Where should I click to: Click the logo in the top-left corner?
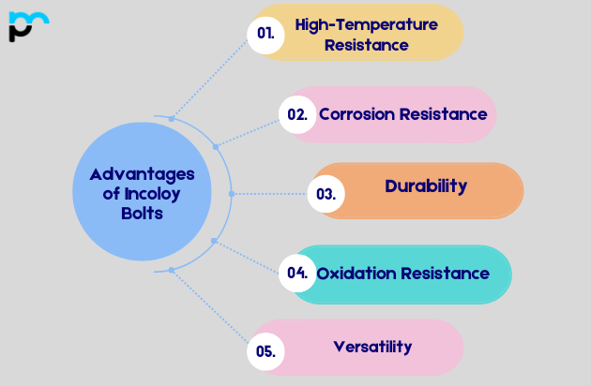click(27, 25)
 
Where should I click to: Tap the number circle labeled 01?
click(265, 33)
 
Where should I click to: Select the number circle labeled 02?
click(297, 114)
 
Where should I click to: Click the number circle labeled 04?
click(297, 274)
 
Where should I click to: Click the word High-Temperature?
click(366, 24)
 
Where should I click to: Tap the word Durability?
click(425, 186)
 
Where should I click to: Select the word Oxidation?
click(356, 274)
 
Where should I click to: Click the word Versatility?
click(372, 347)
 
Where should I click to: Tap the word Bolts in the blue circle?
click(142, 213)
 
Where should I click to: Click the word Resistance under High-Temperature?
click(366, 44)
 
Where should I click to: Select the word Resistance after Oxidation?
click(446, 274)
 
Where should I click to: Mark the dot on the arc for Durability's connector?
click(232, 193)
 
